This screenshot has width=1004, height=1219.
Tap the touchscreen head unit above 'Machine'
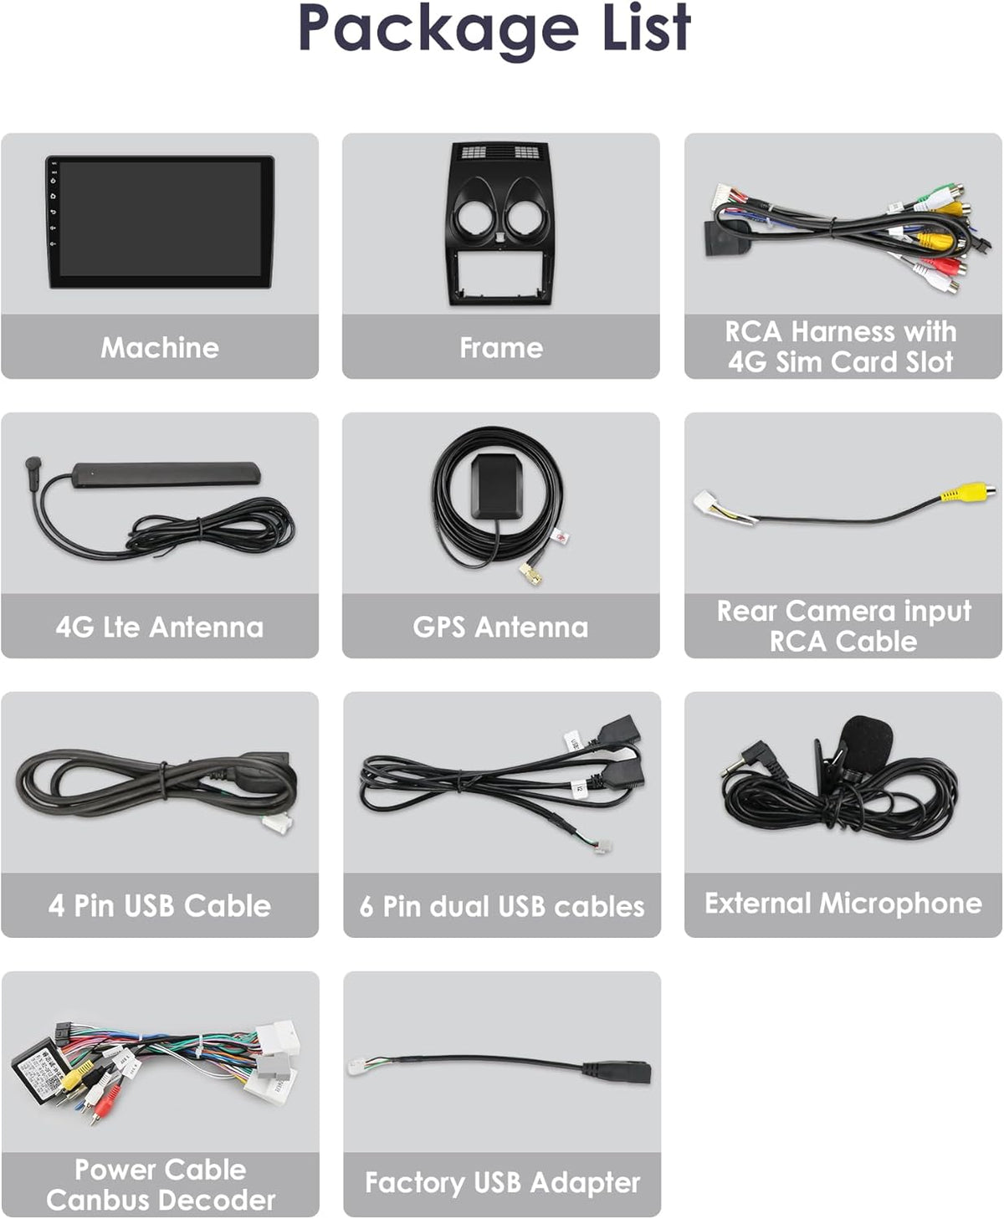point(160,222)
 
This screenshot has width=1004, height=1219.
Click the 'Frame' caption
point(501,348)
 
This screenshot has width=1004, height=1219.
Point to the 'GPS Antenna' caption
point(500,627)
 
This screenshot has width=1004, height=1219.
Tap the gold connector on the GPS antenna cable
point(531,574)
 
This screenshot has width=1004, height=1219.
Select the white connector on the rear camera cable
point(709,503)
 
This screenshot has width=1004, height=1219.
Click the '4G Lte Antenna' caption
point(160,627)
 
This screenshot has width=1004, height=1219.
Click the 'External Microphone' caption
point(843,904)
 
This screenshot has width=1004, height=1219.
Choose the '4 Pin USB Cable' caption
point(160,906)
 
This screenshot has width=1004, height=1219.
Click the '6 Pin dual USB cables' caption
point(502,906)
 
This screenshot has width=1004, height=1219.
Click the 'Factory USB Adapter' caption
point(502,1183)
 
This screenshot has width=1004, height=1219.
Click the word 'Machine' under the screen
point(160,348)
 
